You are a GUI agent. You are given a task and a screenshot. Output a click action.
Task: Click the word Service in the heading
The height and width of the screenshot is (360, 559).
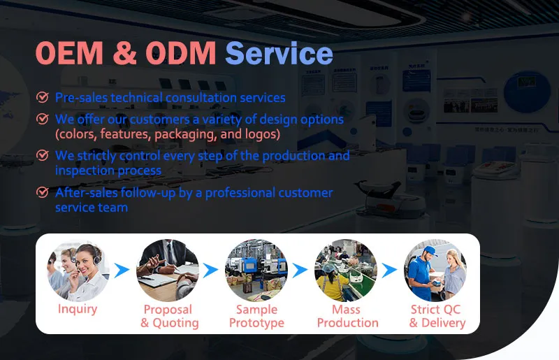click(x=279, y=53)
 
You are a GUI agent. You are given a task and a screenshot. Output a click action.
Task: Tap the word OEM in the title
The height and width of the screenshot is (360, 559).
click(x=69, y=53)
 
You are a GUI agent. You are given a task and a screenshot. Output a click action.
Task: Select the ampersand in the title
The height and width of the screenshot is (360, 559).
click(x=124, y=53)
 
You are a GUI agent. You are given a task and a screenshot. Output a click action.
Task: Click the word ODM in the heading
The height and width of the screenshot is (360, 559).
click(x=181, y=53)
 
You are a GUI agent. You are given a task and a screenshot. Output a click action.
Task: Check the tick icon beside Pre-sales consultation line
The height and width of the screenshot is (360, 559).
click(x=43, y=97)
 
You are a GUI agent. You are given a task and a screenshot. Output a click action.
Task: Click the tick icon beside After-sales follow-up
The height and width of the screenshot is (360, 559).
click(x=43, y=192)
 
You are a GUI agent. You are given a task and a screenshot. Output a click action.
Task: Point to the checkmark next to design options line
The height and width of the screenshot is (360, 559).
click(x=43, y=119)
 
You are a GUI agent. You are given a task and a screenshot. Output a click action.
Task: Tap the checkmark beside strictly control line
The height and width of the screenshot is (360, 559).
click(x=43, y=155)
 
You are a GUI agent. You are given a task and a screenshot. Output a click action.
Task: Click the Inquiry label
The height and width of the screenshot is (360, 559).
click(x=78, y=309)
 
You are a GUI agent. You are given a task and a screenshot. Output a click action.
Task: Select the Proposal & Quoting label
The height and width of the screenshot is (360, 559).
click(x=169, y=316)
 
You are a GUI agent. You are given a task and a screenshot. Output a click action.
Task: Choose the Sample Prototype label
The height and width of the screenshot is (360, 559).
click(x=256, y=316)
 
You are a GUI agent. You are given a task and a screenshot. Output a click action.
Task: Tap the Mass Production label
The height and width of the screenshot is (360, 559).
click(x=347, y=316)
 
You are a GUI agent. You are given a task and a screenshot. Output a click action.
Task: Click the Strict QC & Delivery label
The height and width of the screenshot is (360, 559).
click(x=437, y=316)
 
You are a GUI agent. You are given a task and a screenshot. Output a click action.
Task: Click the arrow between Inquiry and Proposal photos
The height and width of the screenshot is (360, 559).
click(x=122, y=271)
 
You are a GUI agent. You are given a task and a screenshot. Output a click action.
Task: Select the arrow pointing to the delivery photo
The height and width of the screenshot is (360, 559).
click(x=389, y=271)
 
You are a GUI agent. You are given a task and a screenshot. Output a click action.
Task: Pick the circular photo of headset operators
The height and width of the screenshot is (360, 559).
click(x=78, y=271)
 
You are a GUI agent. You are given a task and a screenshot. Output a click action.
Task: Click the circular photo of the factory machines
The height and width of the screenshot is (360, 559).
click(x=256, y=271)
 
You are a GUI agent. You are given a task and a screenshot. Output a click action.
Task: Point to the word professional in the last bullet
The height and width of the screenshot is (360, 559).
click(x=240, y=193)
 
